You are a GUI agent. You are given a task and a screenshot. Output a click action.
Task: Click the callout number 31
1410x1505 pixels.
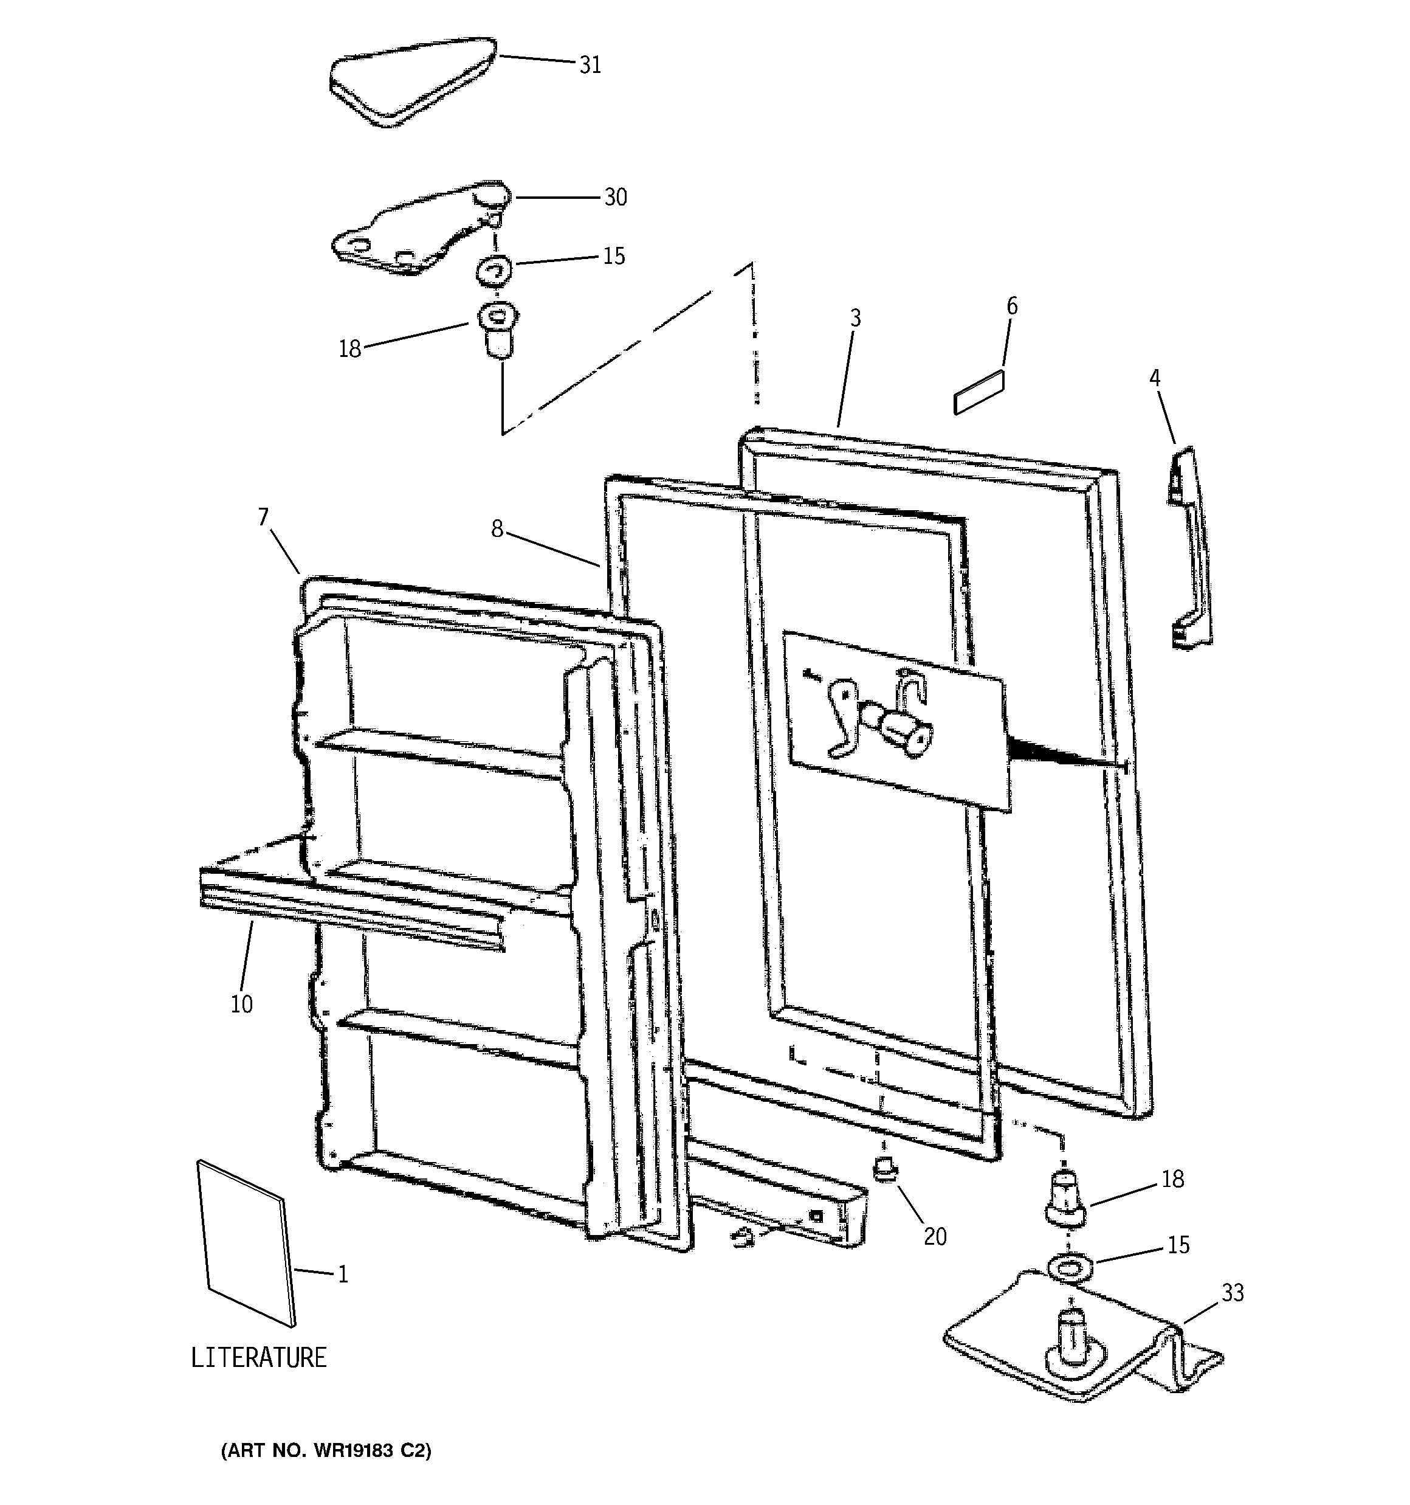[x=590, y=65]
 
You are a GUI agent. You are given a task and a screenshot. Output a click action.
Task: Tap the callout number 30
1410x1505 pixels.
[x=614, y=198]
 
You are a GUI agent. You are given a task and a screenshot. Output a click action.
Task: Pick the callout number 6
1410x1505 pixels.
[x=1012, y=306]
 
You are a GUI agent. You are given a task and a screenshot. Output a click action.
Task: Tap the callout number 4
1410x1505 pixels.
[x=1155, y=377]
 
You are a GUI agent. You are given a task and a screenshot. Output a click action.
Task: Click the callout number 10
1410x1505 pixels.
[x=241, y=1004]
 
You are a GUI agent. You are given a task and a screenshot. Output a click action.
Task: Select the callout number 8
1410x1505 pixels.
[x=497, y=529]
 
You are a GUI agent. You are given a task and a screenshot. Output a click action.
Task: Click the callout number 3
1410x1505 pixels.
[x=855, y=318]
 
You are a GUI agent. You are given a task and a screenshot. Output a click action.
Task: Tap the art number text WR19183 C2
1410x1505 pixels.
[x=325, y=1450]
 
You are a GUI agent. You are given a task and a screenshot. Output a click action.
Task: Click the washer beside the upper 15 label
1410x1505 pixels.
[x=493, y=269]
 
